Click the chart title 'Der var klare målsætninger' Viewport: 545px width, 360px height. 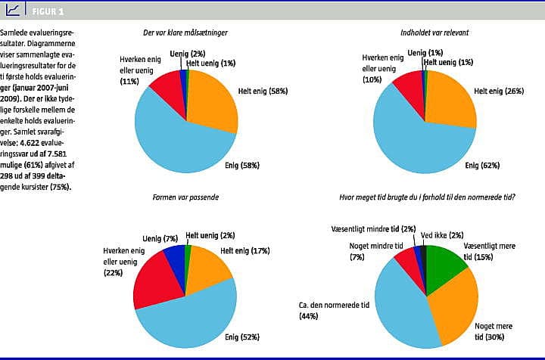(185, 33)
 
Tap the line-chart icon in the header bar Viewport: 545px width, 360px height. (13, 10)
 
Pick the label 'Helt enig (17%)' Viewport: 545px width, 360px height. (244, 251)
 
